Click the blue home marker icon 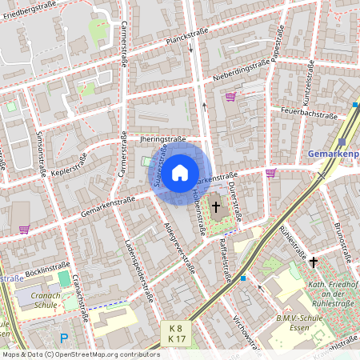click(180, 171)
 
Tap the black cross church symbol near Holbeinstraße click(215, 207)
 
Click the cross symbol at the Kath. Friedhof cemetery click(313, 262)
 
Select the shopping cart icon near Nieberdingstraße click(231, 97)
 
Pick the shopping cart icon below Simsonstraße click(24, 229)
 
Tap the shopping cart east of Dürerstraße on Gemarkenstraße click(270, 172)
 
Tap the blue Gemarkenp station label click(334, 154)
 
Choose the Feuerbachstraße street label click(310, 114)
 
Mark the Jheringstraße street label click(162, 138)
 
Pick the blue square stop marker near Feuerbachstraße click(355, 104)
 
